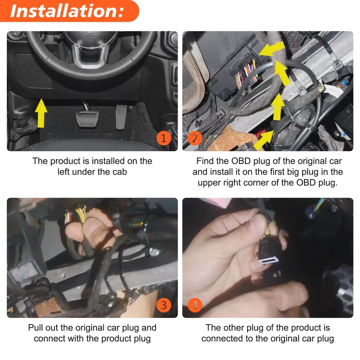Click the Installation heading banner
point(67,11)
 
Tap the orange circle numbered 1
point(163,138)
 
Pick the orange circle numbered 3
point(163,305)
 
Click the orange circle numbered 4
point(194,305)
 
